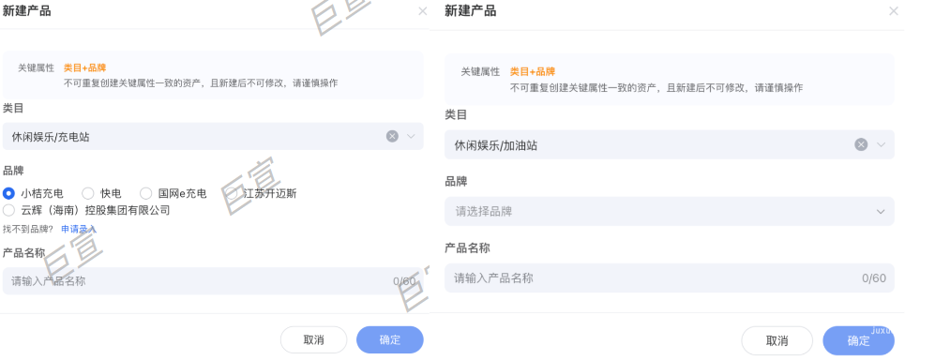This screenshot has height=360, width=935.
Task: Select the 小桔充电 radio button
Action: click(x=9, y=193)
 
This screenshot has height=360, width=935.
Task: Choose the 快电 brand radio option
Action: click(x=88, y=193)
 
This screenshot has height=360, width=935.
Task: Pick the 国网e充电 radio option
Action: click(x=145, y=193)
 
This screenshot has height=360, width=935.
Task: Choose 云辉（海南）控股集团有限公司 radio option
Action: click(x=9, y=210)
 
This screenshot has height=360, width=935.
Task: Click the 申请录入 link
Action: click(x=79, y=229)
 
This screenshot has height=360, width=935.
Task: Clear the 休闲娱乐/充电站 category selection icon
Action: click(x=392, y=136)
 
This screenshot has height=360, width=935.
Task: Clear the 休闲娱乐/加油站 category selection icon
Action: click(x=861, y=144)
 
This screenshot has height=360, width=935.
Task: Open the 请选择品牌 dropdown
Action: click(x=669, y=211)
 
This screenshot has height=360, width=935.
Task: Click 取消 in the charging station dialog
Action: click(x=313, y=339)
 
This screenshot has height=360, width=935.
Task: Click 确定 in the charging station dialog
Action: click(x=389, y=339)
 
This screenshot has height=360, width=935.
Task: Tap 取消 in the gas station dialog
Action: click(x=777, y=340)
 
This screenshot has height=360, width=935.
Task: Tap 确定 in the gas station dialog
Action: click(x=858, y=340)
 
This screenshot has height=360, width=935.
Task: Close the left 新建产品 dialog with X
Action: click(x=422, y=11)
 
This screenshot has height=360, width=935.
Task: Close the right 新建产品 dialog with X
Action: click(x=893, y=11)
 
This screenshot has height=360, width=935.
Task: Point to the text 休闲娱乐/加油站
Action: click(x=496, y=145)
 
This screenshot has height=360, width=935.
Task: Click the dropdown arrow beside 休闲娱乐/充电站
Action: click(x=411, y=136)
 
